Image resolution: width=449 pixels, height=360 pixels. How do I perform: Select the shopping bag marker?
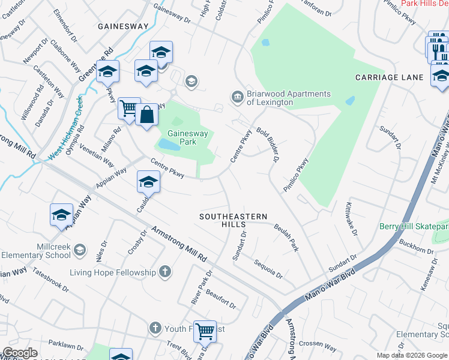146,114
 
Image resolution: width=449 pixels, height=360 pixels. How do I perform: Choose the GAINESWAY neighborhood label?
123,26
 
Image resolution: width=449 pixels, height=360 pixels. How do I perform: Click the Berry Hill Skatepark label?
414,226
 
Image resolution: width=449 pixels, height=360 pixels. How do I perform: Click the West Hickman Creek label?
65,126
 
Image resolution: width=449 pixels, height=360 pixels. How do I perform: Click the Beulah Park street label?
286,237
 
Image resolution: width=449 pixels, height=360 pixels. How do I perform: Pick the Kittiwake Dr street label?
351,218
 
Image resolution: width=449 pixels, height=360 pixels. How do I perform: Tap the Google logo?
20,353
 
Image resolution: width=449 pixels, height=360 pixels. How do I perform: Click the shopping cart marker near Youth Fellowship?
205,330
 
